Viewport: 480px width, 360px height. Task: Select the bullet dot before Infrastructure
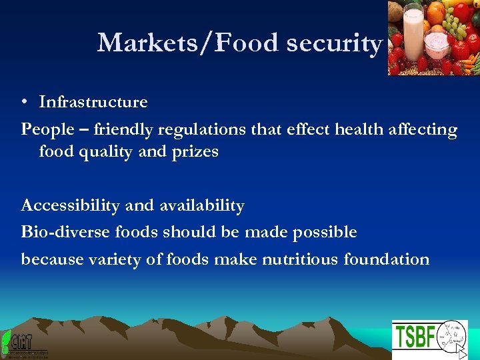(x=23, y=103)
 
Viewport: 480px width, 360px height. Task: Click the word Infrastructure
(x=93, y=102)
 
